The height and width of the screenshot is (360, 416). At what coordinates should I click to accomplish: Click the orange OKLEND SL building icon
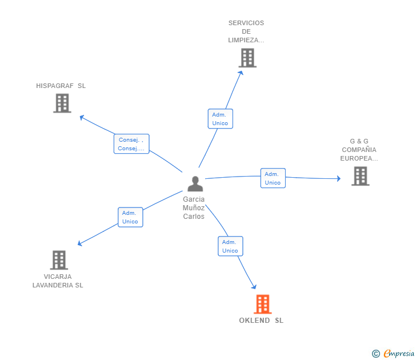(x=262, y=304)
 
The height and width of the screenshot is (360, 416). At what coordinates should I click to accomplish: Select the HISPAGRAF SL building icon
(x=62, y=103)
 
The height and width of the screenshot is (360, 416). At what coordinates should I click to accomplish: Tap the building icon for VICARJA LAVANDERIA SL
(x=59, y=260)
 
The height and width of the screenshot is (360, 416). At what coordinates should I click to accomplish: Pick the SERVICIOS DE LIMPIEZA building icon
(x=247, y=58)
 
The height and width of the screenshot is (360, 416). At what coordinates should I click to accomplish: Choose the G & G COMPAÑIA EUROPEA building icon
(x=360, y=176)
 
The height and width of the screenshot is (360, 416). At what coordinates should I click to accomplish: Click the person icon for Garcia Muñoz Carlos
(x=195, y=184)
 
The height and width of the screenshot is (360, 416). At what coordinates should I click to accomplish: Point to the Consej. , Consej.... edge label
(x=131, y=144)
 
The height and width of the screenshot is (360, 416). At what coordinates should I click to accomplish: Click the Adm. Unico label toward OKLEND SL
(x=230, y=246)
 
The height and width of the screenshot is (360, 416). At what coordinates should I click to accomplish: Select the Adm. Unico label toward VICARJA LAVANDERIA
(x=130, y=217)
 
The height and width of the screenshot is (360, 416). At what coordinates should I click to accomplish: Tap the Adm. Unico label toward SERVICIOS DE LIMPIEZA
(x=220, y=119)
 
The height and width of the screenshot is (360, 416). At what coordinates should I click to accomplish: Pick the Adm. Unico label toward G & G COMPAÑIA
(x=273, y=178)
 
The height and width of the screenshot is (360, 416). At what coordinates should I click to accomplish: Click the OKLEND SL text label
(x=261, y=321)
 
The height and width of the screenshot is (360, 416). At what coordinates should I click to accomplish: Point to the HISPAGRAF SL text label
(x=61, y=86)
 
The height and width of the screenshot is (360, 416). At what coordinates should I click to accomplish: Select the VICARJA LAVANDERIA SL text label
(x=58, y=281)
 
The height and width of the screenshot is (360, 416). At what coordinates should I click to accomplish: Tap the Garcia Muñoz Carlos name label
(x=194, y=208)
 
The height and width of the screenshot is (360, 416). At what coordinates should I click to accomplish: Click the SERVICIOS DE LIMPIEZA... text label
(x=246, y=31)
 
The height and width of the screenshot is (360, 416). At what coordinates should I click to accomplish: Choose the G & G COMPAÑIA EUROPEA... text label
(x=359, y=150)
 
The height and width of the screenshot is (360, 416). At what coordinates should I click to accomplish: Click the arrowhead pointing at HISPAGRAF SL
(x=81, y=118)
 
